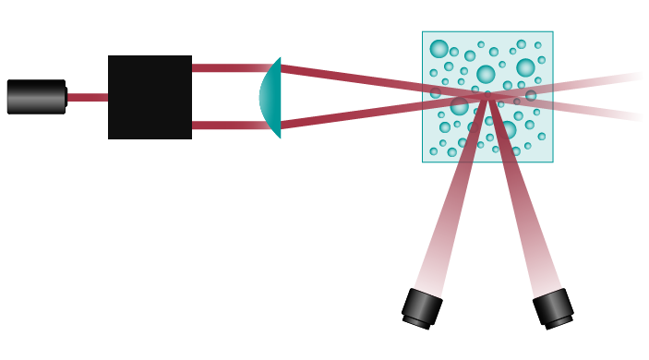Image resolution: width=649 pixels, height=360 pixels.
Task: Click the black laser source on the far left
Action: pos(36,97)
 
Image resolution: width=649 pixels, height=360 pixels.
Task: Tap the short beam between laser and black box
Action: pos(87,97)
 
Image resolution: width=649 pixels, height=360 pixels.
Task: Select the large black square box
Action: pos(150,97)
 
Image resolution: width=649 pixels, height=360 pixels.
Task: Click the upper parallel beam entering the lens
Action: pos(226,68)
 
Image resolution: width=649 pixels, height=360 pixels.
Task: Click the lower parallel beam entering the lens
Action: pos(226,126)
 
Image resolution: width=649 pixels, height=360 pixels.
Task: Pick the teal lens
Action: pos(270,97)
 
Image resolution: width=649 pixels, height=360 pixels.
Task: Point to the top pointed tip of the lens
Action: pos(279,57)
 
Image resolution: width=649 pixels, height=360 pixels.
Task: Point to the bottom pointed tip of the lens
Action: pos(279,138)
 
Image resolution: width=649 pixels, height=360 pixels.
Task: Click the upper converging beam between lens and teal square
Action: pos(351,78)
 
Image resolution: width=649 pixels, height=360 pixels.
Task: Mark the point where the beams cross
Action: pos(487,96)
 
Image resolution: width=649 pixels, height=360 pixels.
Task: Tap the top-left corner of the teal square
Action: pos(423,31)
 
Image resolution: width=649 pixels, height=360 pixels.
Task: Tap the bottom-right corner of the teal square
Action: pos(553,162)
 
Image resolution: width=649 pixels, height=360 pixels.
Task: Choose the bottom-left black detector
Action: pos(422,307)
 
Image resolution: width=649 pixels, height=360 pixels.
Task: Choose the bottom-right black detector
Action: pos(553,307)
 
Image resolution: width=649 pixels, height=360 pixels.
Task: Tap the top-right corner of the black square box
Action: pos(191,56)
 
